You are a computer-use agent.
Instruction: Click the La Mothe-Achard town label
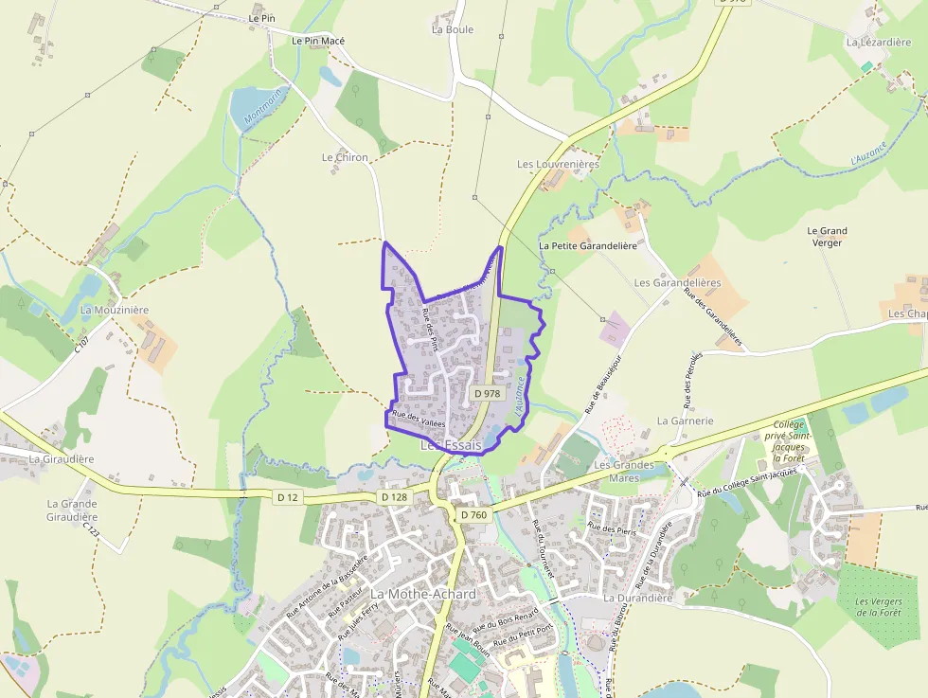[x=422, y=594]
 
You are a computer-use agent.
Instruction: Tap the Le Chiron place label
[x=345, y=157]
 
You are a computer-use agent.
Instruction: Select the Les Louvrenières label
[x=558, y=164]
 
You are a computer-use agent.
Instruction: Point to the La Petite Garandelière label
[x=587, y=244]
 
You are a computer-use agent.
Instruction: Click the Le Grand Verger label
[x=827, y=237]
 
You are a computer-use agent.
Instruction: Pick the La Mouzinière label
[x=115, y=310]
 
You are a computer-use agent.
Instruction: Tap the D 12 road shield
[x=288, y=496]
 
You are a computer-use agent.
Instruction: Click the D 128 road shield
[x=394, y=496]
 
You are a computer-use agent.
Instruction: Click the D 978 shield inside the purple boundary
[x=486, y=393]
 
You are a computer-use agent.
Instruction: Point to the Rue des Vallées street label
[x=418, y=418]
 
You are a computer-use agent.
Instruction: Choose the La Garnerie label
[x=685, y=421]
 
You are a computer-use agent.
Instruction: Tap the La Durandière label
[x=637, y=598]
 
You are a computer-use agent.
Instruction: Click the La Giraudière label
[x=62, y=459]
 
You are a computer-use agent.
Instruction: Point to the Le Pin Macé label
[x=318, y=42]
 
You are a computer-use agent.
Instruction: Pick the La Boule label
[x=452, y=29]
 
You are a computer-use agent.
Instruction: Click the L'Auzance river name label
[x=867, y=153]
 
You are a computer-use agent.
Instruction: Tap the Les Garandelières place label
[x=677, y=283]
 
